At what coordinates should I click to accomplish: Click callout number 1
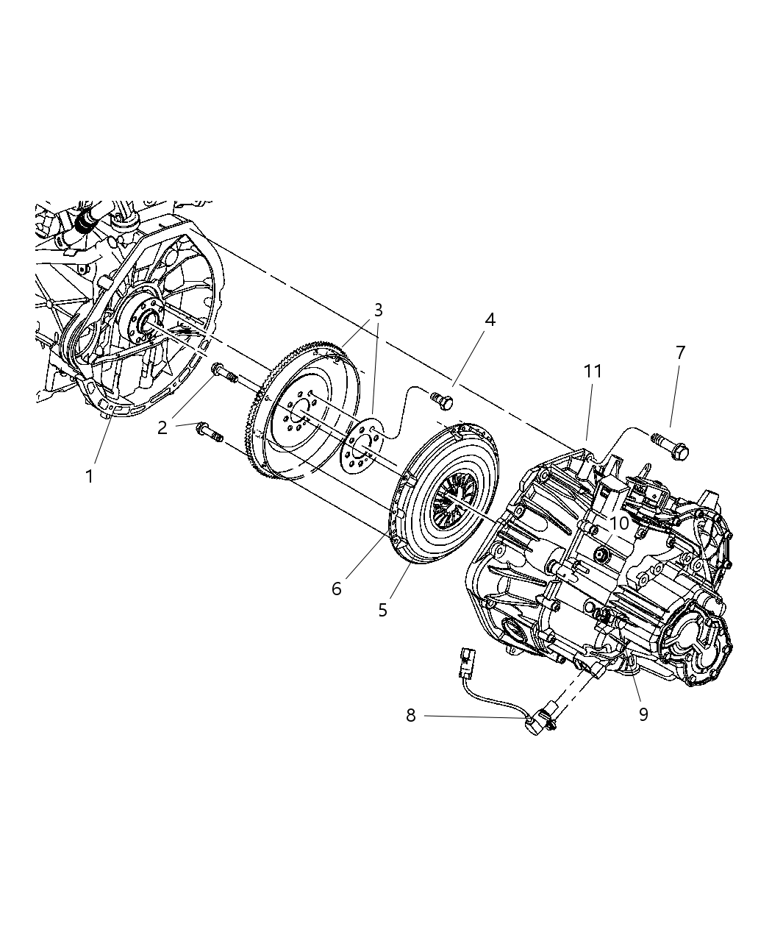pyautogui.click(x=89, y=477)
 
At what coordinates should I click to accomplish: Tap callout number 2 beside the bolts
pyautogui.click(x=162, y=427)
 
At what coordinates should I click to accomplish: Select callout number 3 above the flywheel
pyautogui.click(x=378, y=310)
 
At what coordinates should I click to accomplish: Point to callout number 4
pyautogui.click(x=490, y=319)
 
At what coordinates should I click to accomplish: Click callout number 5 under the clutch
pyautogui.click(x=382, y=610)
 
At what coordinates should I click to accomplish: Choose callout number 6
pyautogui.click(x=337, y=589)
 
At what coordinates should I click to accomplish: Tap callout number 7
pyautogui.click(x=680, y=352)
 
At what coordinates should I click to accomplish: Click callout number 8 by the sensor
pyautogui.click(x=411, y=714)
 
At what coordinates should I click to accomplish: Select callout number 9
pyautogui.click(x=643, y=714)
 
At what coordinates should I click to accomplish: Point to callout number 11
pyautogui.click(x=593, y=372)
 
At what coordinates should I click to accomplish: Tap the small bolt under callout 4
pyautogui.click(x=442, y=401)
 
